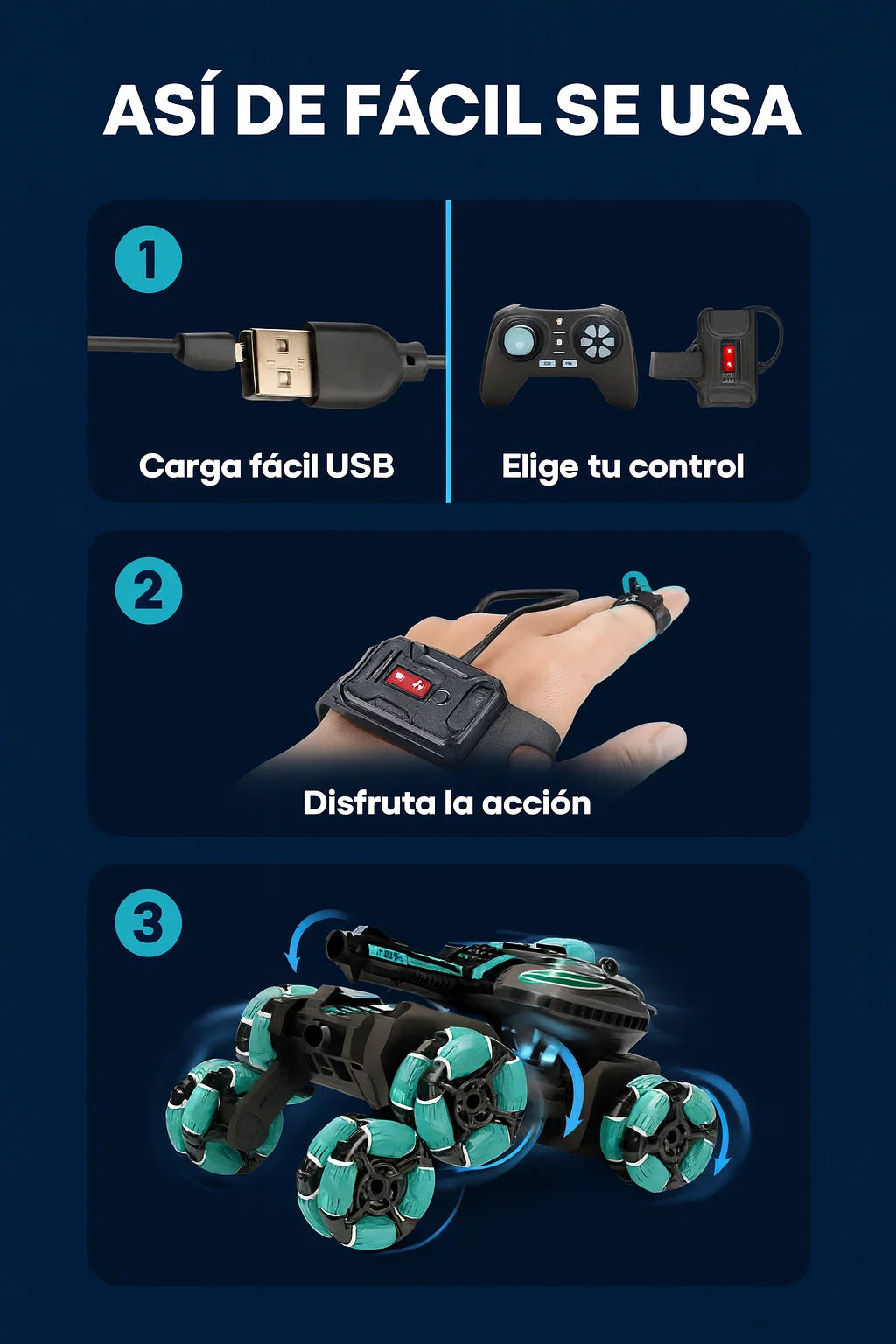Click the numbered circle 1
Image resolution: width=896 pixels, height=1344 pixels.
pyautogui.click(x=148, y=259)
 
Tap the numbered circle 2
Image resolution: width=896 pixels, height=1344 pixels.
pyautogui.click(x=148, y=591)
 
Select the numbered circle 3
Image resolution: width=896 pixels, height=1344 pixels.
pyautogui.click(x=148, y=923)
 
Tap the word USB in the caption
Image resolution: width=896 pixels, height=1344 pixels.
pyautogui.click(x=360, y=465)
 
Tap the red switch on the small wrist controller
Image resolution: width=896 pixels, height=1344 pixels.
pyautogui.click(x=728, y=358)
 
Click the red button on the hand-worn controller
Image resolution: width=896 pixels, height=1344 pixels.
pyautogui.click(x=406, y=680)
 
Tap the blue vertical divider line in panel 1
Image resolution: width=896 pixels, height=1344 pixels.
pyautogui.click(x=448, y=351)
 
